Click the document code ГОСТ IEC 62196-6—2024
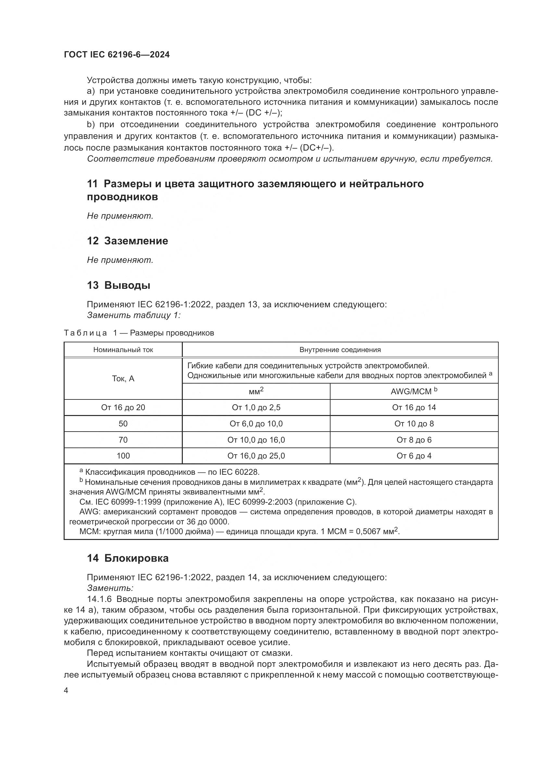[117, 55]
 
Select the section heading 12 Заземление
[127, 241]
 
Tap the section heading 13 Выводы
[119, 285]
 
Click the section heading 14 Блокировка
[128, 558]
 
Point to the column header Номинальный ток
[123, 350]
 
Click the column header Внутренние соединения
[340, 350]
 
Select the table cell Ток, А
[123, 378]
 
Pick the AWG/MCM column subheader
[414, 391]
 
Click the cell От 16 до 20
[123, 408]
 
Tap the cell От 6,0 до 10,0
[256, 424]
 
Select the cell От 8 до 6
[414, 440]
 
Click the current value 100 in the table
[123, 456]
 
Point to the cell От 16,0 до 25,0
[256, 456]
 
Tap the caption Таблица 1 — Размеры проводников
[139, 333]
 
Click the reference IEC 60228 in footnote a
[240, 472]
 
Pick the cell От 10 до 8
[414, 424]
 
